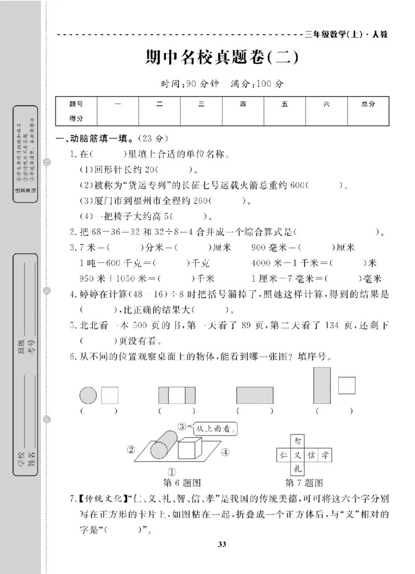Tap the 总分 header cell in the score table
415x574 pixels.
[368, 104]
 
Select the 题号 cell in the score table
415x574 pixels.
[76, 104]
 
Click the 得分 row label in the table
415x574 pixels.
[76, 119]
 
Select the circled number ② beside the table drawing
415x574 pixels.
[131, 449]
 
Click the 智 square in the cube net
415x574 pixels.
[297, 442]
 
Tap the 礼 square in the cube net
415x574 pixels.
[297, 469]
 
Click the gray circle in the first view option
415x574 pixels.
[88, 396]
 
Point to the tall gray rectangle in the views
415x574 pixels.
[323, 385]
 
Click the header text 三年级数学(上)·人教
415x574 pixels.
[347, 35]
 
